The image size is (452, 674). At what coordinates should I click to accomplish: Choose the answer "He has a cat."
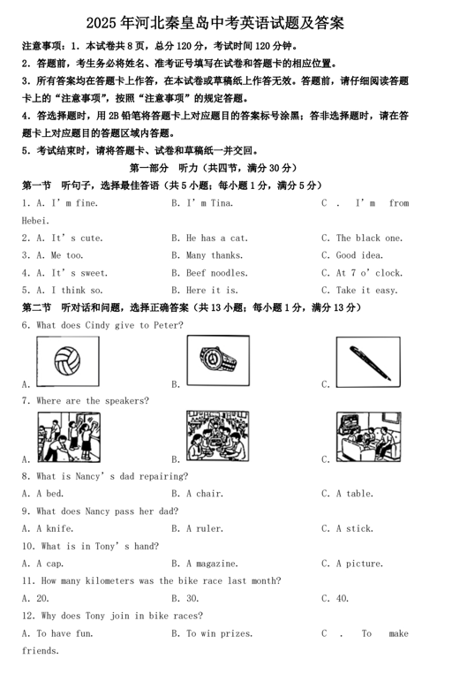[x=216, y=238]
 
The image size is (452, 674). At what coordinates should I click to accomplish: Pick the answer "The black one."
[x=369, y=238]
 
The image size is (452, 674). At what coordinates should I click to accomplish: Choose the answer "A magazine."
[x=211, y=563]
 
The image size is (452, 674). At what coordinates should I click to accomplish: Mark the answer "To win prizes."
[x=218, y=632]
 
